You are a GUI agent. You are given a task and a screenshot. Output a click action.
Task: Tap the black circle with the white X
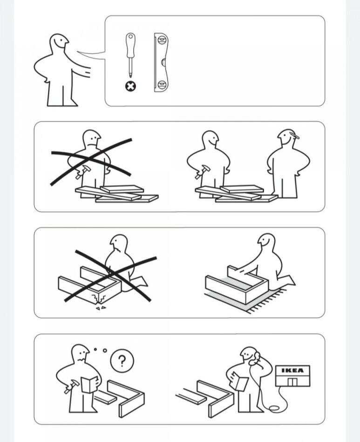pos(130,86)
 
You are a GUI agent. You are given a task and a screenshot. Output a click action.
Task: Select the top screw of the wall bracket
pos(162,40)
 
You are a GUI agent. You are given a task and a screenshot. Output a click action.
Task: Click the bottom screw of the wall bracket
pos(162,84)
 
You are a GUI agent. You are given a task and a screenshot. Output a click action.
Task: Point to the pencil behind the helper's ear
pos(294,136)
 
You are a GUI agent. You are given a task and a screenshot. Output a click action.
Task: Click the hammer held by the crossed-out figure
pos(83,171)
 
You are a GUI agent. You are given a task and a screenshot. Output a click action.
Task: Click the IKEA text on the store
pos(292,370)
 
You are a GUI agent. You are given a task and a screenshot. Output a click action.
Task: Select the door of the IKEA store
pos(292,381)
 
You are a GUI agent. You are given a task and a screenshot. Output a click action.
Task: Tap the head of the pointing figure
pos(59,43)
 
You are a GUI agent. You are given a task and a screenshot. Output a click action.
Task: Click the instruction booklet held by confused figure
pos(89,384)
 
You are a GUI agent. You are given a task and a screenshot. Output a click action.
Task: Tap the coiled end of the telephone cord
pos(274,408)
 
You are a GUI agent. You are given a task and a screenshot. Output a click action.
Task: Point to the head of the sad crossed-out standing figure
pos(91,138)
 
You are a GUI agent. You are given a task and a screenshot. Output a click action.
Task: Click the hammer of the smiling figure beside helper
pos(203,172)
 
